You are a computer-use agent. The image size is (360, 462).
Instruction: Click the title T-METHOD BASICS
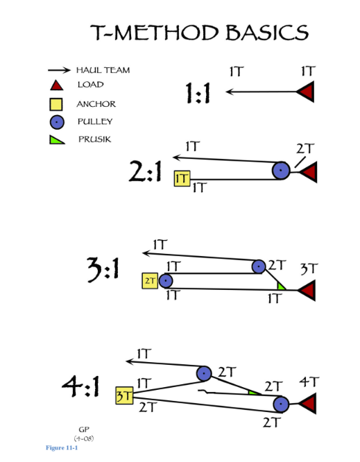click(x=199, y=33)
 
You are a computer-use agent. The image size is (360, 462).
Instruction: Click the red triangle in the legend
click(x=57, y=85)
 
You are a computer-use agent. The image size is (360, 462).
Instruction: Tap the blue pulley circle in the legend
click(x=57, y=123)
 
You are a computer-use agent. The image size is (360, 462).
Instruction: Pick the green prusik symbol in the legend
click(x=57, y=139)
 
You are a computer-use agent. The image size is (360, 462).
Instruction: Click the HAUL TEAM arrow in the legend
click(x=60, y=70)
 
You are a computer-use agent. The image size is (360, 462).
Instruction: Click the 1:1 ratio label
click(x=199, y=92)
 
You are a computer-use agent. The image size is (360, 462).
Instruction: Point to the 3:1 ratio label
click(x=102, y=272)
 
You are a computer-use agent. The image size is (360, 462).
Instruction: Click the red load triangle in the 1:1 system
click(x=307, y=92)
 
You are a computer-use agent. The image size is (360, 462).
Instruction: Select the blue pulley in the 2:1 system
click(x=280, y=170)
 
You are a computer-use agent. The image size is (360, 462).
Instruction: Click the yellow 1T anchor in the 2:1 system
click(x=182, y=178)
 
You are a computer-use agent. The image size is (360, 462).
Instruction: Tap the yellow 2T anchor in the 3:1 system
click(x=150, y=280)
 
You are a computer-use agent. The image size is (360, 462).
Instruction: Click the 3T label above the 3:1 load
click(x=309, y=268)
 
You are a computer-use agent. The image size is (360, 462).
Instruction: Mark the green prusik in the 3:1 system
click(x=281, y=285)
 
